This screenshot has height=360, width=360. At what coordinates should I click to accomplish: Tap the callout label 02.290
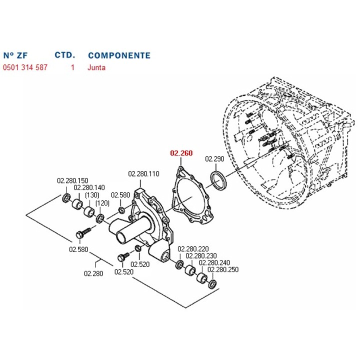[215, 159]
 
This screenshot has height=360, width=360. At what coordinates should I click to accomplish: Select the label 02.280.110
[143, 174]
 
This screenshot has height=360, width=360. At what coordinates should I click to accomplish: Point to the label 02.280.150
[72, 180]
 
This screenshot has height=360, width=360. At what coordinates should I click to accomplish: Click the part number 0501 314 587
[25, 67]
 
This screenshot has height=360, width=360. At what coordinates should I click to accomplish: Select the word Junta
[96, 67]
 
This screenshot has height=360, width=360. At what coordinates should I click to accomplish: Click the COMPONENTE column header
[119, 55]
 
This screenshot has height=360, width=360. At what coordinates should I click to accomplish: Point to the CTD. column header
[64, 55]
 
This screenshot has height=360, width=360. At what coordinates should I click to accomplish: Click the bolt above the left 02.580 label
[81, 233]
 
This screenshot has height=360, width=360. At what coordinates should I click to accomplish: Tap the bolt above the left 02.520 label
[120, 257]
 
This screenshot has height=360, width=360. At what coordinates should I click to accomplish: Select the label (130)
[92, 195]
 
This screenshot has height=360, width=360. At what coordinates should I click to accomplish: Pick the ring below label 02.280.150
[66, 199]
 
